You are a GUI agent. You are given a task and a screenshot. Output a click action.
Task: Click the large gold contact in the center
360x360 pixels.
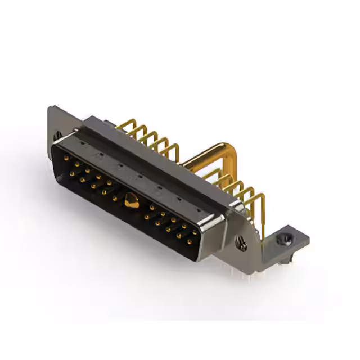tap(130, 199)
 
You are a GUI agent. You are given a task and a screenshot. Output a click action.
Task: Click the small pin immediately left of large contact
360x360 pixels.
tap(115, 197)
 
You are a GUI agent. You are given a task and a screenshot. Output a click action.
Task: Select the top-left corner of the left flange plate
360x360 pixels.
tap(49, 107)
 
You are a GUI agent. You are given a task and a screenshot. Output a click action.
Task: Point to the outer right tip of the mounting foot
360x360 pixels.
tap(309, 240)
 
